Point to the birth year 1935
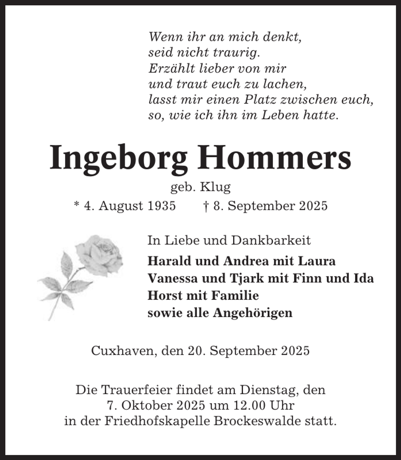[161, 206]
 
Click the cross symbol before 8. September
[206, 206]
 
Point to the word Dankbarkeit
[271, 240]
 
